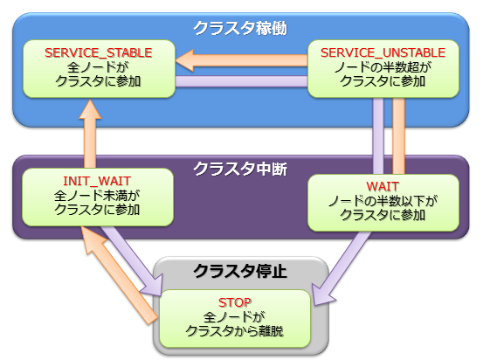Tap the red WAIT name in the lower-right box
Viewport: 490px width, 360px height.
click(383, 186)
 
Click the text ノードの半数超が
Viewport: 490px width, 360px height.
click(383, 68)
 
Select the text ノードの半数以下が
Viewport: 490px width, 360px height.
click(383, 201)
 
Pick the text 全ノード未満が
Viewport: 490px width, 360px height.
click(86, 197)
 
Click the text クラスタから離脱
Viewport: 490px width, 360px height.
click(234, 330)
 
